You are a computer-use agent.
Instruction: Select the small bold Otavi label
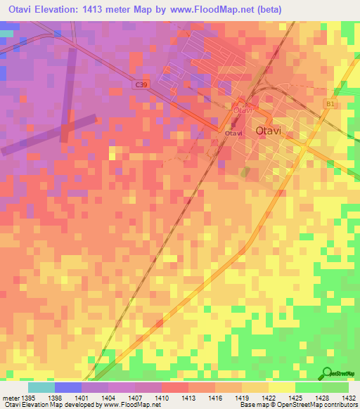(x=233, y=133)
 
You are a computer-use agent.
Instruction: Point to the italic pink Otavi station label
(x=242, y=110)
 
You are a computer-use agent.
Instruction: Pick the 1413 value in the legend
(x=188, y=398)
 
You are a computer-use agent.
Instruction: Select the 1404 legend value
(x=108, y=398)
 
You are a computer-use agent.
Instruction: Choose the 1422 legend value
(x=269, y=398)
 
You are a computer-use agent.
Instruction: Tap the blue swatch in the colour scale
(x=67, y=387)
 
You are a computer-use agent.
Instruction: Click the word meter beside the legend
(x=8, y=398)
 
